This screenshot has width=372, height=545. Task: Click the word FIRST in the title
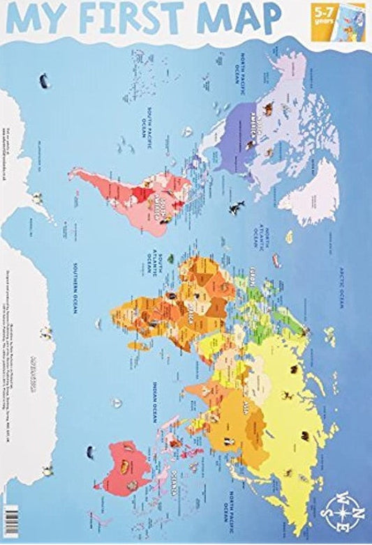151,17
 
